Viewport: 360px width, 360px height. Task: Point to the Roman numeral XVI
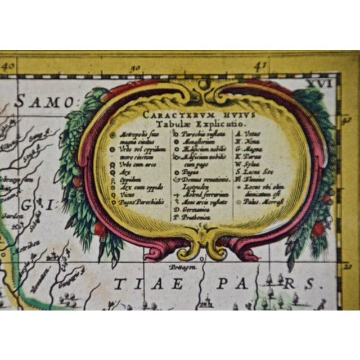coord(326,83)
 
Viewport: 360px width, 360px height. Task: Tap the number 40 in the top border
coord(8,66)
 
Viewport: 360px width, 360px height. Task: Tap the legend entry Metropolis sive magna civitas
coord(138,138)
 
